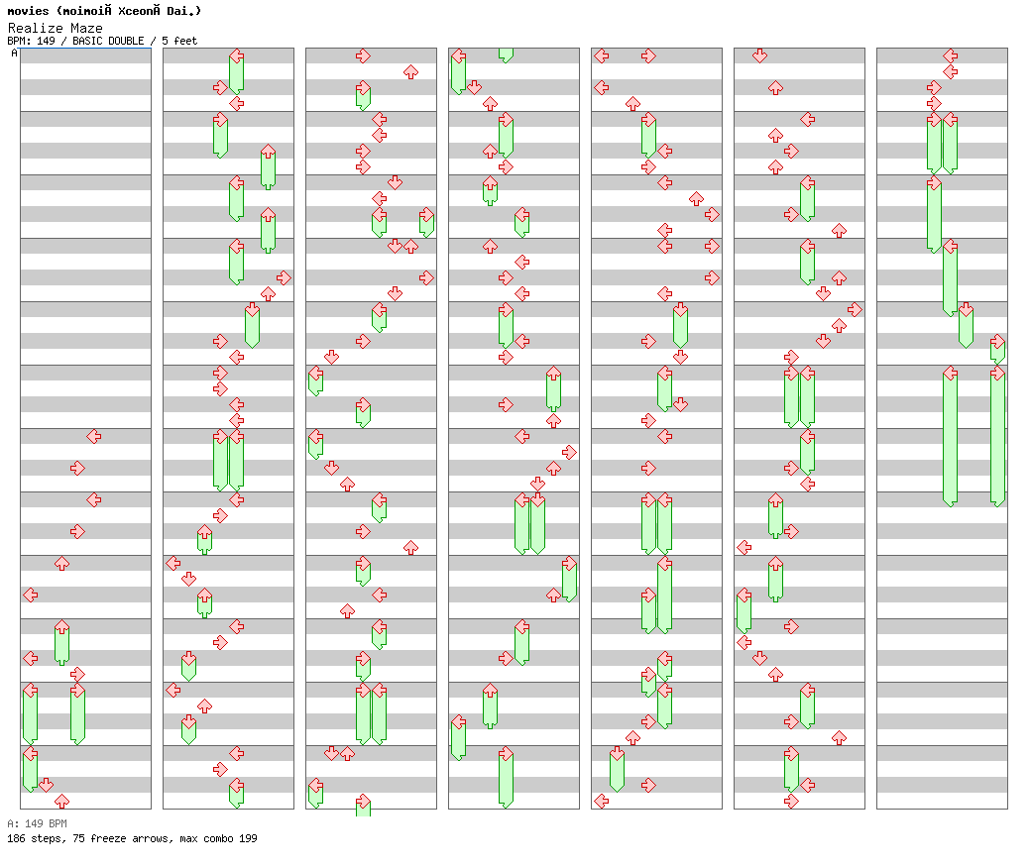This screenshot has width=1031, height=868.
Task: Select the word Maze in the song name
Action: point(86,28)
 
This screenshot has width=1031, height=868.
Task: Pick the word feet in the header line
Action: point(185,41)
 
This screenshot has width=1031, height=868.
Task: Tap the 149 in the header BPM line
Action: point(46,41)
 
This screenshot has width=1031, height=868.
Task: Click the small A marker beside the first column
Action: point(14,53)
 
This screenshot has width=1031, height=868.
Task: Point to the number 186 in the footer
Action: point(16,838)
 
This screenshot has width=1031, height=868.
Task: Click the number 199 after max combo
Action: point(248,838)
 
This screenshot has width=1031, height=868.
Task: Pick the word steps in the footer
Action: point(46,838)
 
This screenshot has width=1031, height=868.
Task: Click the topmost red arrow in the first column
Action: point(93,436)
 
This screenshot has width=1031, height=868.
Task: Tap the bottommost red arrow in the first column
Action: point(61,801)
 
